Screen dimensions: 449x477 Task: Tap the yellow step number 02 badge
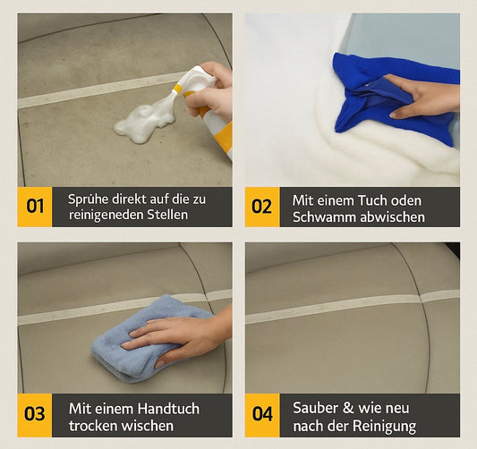pyautogui.click(x=261, y=207)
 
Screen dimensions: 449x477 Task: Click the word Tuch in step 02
pyautogui.click(x=369, y=199)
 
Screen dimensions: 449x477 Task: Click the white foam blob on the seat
pyautogui.click(x=143, y=122)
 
